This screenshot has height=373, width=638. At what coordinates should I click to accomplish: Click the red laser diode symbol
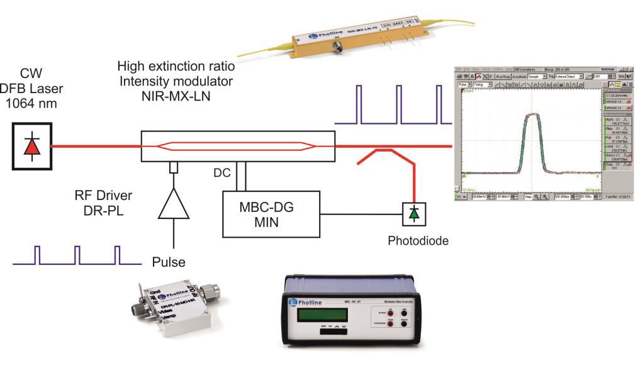(x=31, y=146)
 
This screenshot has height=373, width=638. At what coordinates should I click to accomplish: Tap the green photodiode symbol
(x=413, y=214)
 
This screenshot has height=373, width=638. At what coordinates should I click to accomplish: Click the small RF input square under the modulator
(x=172, y=167)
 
